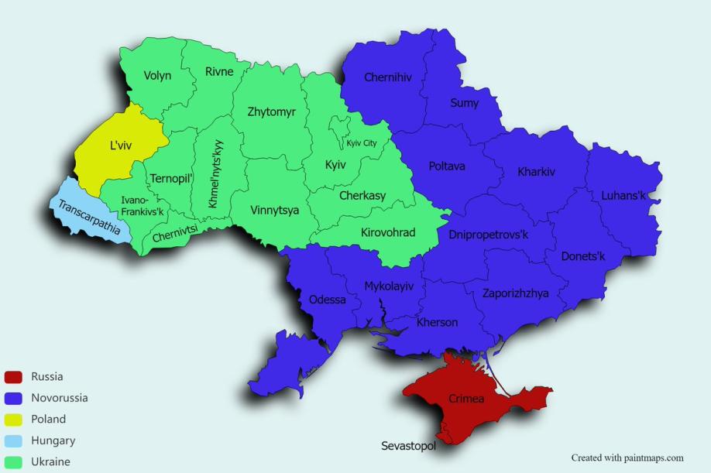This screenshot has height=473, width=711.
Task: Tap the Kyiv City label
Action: (x=362, y=143)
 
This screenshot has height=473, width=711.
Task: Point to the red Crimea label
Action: (x=466, y=399)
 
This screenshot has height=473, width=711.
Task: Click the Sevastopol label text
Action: (x=408, y=446)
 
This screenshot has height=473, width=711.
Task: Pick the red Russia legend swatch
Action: (x=12, y=377)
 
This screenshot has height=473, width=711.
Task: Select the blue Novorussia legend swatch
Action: (x=12, y=398)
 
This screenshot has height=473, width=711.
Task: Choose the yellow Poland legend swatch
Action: (x=12, y=419)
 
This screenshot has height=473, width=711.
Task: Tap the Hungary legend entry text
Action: (x=53, y=440)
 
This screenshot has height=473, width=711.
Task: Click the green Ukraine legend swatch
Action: (x=12, y=461)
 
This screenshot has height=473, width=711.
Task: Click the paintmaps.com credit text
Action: (x=627, y=458)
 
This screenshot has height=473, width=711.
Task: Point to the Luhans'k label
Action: (x=623, y=196)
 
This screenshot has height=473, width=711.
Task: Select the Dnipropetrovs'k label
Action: (x=488, y=235)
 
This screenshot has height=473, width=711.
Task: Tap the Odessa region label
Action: (x=327, y=300)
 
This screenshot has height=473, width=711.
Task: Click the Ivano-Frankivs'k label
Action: (x=142, y=205)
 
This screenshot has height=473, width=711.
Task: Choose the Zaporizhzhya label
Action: (x=515, y=293)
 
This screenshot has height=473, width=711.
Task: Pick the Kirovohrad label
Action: (x=388, y=232)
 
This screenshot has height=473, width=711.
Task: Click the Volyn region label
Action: (x=157, y=76)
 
